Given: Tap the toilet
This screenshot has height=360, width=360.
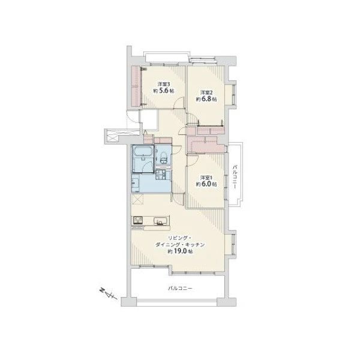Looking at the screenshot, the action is [164, 158].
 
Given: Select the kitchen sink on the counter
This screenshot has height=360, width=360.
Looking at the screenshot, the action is [160, 221].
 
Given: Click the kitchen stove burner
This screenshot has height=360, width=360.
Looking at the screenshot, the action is [137, 221].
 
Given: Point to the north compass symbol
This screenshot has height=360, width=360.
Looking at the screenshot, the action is [109, 293].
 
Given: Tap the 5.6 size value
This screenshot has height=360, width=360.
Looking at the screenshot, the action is [163, 91].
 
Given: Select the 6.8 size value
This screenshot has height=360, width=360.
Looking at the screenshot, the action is [206, 99].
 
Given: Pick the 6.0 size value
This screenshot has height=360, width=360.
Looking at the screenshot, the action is [206, 184].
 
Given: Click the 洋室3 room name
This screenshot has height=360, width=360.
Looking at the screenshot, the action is [163, 84].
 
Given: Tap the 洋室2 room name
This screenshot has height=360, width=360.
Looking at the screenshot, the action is [206, 92].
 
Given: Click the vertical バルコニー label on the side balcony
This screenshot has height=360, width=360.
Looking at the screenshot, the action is [235, 176].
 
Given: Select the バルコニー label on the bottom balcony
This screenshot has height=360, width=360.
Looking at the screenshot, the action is [180, 288].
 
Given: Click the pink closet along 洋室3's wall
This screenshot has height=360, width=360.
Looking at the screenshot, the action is [136, 86].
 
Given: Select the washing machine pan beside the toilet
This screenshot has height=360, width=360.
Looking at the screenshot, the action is [160, 175].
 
